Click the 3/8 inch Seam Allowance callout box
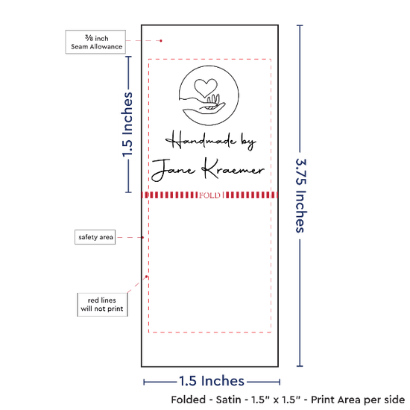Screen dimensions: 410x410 pyautogui.click(x=95, y=42)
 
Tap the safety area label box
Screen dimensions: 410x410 pyautogui.click(x=95, y=237)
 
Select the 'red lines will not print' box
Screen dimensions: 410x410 pyautogui.click(x=102, y=305)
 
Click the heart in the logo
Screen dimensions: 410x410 pyautogui.click(x=206, y=87)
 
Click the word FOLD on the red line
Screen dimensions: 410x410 pyautogui.click(x=209, y=195)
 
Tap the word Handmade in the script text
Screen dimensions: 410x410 pyautogui.click(x=201, y=140)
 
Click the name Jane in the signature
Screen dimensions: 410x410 pyautogui.click(x=173, y=171)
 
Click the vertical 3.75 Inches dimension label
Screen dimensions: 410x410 pyautogui.click(x=300, y=195)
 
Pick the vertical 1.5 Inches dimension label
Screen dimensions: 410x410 pyautogui.click(x=127, y=124)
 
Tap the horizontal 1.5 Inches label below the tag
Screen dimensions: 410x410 pyautogui.click(x=212, y=381)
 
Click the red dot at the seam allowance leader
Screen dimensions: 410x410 pyautogui.click(x=161, y=41)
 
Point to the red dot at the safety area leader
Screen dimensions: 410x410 pyautogui.click(x=143, y=237)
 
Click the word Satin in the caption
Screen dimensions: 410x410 pyautogui.click(x=228, y=400)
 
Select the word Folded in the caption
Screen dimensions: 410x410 pyautogui.click(x=189, y=400)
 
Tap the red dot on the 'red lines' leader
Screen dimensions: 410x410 pyautogui.click(x=146, y=277)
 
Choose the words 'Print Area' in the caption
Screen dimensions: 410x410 pyautogui.click(x=341, y=400)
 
